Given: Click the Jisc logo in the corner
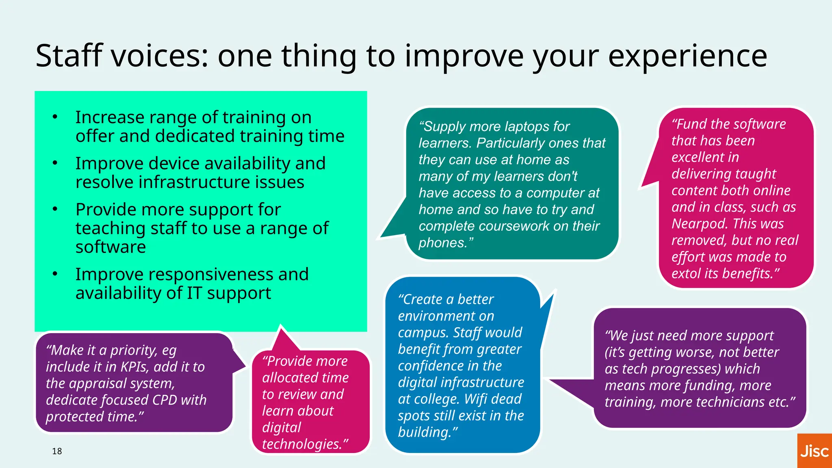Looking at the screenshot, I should tap(814, 451).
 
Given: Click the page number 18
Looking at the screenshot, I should tap(57, 451).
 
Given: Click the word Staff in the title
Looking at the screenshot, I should tap(69, 56).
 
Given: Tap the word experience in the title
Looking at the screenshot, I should tap(687, 56).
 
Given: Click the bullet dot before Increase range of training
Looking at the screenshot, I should tap(55, 117).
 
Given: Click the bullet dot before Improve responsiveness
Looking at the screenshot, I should tap(55, 274).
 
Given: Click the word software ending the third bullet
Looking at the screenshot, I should tap(110, 247).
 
